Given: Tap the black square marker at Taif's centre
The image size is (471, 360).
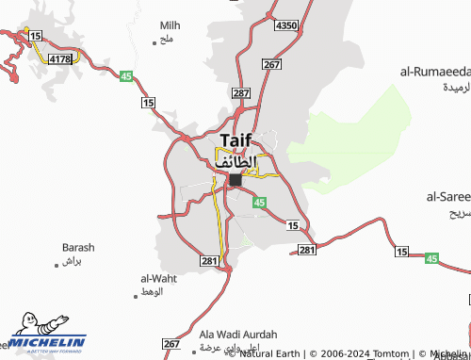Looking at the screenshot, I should [235, 179].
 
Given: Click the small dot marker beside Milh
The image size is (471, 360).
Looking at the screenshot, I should [154, 41].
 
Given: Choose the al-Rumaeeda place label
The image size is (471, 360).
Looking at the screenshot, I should [434, 71].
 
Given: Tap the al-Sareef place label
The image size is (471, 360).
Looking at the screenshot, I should [447, 197].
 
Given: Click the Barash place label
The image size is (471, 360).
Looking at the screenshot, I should [78, 247].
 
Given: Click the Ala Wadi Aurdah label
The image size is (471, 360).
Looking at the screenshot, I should [238, 335].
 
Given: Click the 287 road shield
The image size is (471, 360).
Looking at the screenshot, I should [241, 93].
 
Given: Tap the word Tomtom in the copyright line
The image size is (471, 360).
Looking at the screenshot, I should [391, 354].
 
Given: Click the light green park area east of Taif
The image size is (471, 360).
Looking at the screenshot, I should [353, 137].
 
